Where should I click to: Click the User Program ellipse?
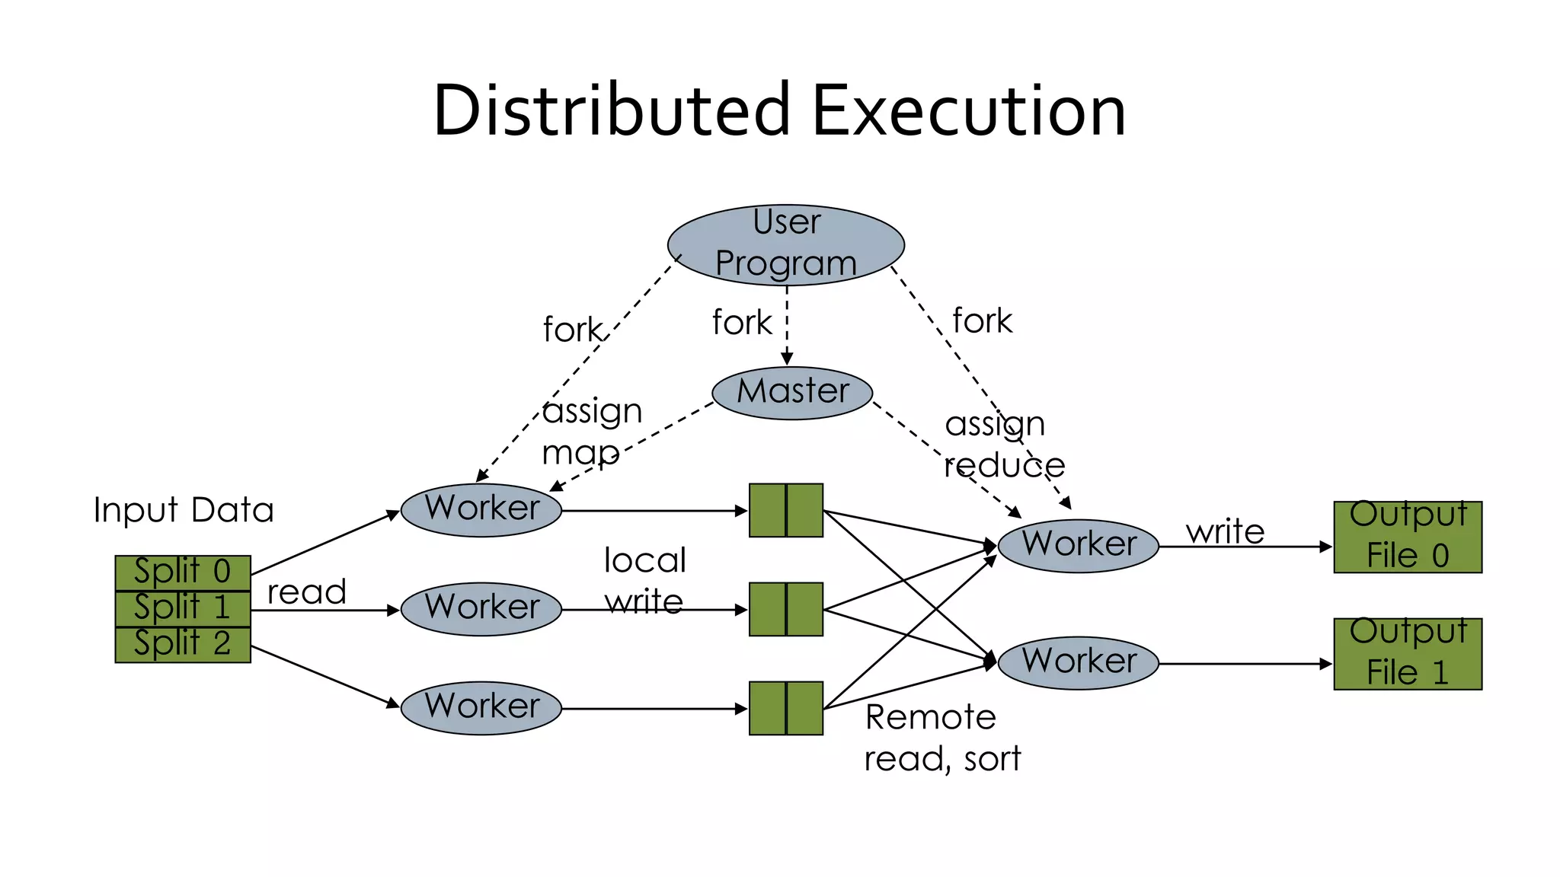pos(785,244)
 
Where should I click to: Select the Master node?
pos(792,393)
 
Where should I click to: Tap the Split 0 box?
pos(183,572)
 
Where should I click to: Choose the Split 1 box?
pos(183,608)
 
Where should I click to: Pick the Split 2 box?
pos(183,644)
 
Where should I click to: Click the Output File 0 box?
pos(1407,537)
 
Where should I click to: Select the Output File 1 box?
pos(1407,654)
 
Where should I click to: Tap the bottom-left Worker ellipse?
pos(481,708)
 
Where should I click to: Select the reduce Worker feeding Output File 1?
pos(1078,662)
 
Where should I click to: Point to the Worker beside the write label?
pos(1078,546)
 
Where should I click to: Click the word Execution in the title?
pos(968,111)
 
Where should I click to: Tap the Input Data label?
pos(183,510)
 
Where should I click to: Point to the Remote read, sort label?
pos(941,738)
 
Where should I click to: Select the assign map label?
pos(590,432)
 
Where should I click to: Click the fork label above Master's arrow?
pos(741,323)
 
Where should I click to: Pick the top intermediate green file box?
pos(785,510)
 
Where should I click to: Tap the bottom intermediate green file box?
pos(785,708)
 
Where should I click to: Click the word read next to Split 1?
pos(306,592)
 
